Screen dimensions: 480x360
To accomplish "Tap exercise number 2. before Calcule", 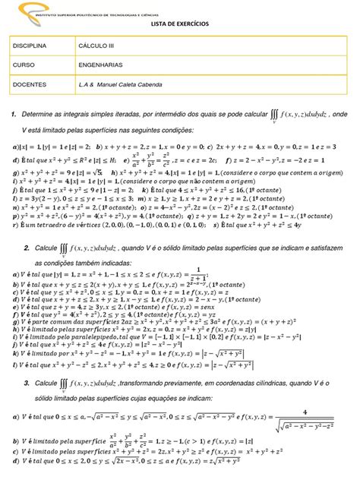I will coord(27,248).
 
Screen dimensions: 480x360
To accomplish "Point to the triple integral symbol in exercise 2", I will coord(67,248).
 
